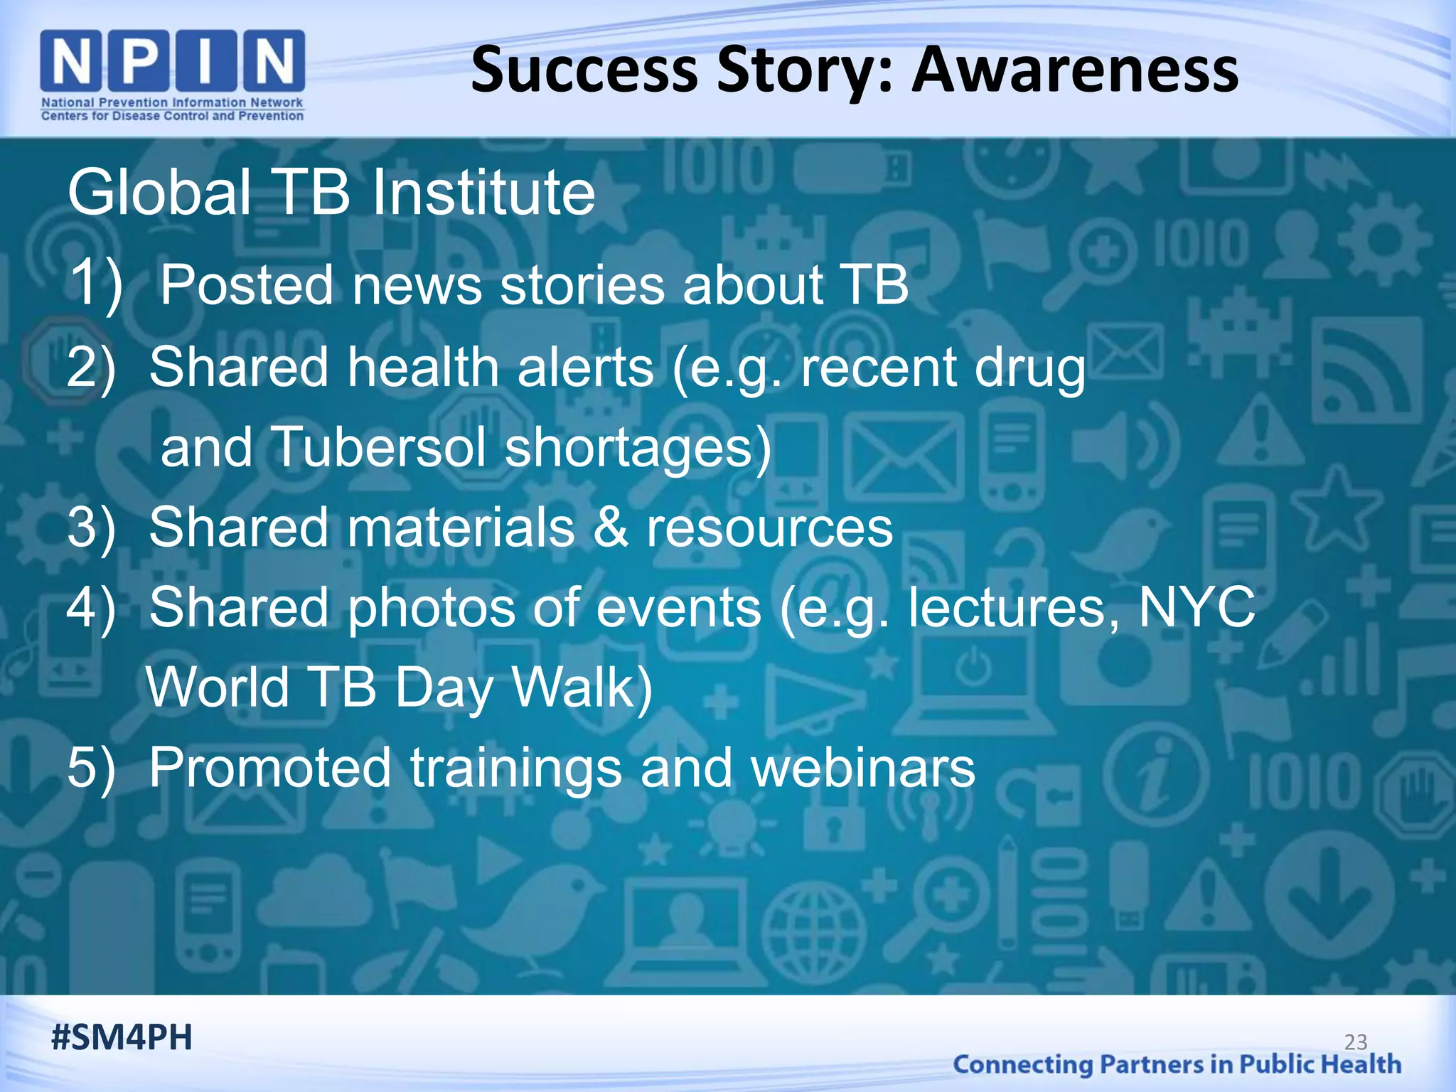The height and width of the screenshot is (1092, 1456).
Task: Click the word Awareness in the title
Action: coord(1075,70)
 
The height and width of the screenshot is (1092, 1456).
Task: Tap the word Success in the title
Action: coord(584,70)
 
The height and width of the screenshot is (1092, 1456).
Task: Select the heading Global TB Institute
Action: coord(331,193)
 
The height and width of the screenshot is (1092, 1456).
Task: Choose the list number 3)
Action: coord(91,528)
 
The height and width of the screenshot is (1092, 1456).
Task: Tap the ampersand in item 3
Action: coord(610,528)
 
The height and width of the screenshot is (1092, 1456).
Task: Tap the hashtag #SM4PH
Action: coord(122,1037)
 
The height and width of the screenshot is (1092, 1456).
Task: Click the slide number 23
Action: coord(1356,1042)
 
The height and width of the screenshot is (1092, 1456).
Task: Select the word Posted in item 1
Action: coord(247,285)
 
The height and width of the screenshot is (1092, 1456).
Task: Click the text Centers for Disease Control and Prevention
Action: coord(172,116)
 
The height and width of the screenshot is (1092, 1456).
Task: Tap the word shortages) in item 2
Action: coord(638,449)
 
